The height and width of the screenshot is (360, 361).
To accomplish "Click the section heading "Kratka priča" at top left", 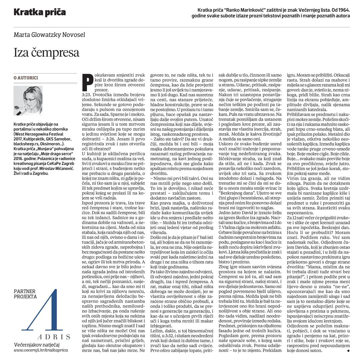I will click(40, 13).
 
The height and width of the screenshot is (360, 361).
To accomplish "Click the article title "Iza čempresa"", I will click(46, 53).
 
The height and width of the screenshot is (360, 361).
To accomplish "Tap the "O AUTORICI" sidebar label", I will click(26, 78).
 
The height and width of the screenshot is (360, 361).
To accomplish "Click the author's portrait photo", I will click(28, 100).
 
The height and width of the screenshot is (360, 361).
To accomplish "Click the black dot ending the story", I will click(348, 351).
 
